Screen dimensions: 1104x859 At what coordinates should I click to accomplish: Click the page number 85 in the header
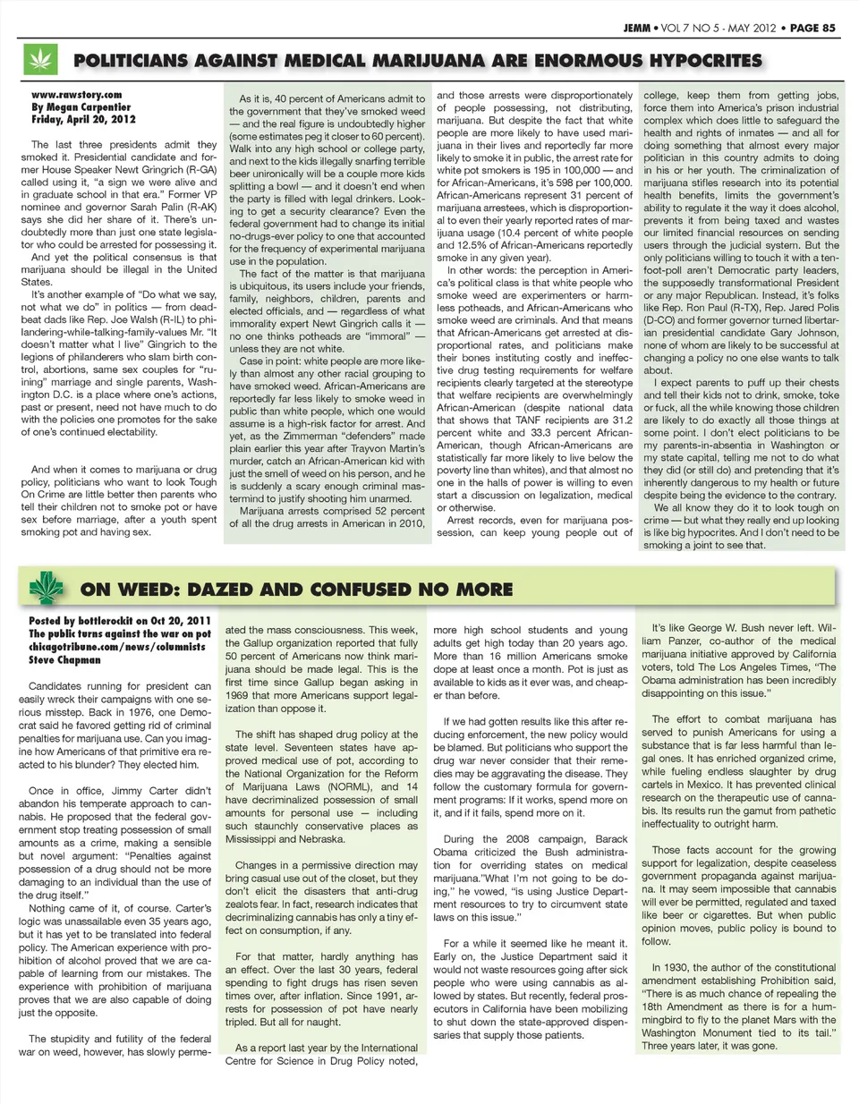click(828, 28)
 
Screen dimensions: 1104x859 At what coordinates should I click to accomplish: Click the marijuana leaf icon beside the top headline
click(39, 61)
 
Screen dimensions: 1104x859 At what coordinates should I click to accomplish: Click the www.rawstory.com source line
click(76, 94)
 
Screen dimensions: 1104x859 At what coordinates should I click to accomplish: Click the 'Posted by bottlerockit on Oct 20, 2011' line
click(120, 621)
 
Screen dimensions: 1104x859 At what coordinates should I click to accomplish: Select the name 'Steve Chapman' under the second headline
click(64, 660)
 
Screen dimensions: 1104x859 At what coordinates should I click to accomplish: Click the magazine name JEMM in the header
click(637, 28)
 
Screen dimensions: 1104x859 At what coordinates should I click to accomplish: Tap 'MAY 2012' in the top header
click(752, 28)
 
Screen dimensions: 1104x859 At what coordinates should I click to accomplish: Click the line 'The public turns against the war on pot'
click(119, 633)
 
